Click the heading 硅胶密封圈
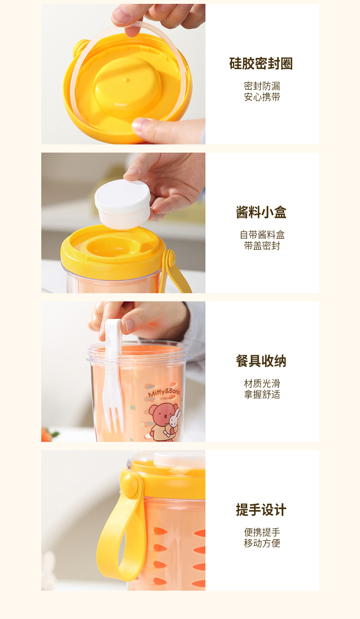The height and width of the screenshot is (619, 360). (261, 64)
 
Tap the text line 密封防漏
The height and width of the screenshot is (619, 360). (262, 86)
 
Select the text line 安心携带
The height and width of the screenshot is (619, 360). (262, 97)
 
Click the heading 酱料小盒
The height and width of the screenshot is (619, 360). (261, 213)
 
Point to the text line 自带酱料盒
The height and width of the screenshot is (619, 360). (262, 235)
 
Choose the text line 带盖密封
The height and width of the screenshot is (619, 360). (262, 246)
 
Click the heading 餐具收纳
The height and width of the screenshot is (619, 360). (261, 361)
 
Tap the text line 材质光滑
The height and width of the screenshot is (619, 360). (262, 384)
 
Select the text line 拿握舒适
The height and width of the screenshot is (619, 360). (262, 394)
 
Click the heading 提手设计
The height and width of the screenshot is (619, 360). (261, 510)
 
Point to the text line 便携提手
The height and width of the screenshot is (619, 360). (262, 533)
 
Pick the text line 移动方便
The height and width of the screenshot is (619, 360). (262, 543)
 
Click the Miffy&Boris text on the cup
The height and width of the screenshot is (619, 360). (164, 392)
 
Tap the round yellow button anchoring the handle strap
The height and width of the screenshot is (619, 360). (131, 485)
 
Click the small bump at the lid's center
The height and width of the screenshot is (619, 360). (126, 79)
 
